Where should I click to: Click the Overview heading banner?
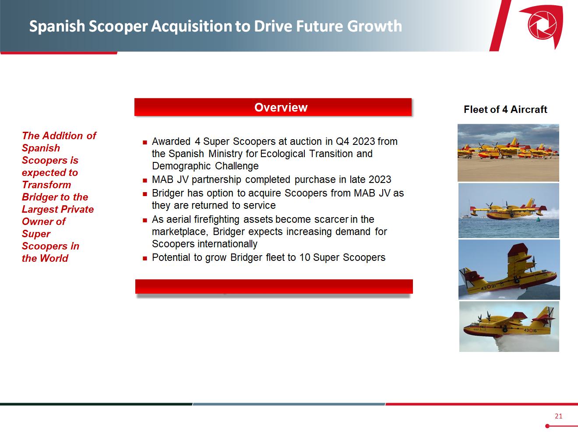pyautogui.click(x=273, y=107)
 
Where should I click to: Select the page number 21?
pyautogui.click(x=558, y=416)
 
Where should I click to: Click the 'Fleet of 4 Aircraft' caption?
pyautogui.click(x=505, y=109)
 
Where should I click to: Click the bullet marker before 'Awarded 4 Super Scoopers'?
pyautogui.click(x=145, y=143)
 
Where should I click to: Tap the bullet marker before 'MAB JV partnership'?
pyautogui.click(x=145, y=180)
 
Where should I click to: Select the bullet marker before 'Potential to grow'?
pyautogui.click(x=145, y=258)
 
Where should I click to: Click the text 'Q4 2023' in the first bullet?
pyautogui.click(x=355, y=141)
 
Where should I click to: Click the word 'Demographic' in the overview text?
pyautogui.click(x=181, y=166)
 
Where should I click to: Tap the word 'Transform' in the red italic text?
pyautogui.click(x=46, y=185)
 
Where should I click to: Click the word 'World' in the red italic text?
pyautogui.click(x=55, y=258)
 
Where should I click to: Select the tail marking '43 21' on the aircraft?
pyautogui.click(x=488, y=287)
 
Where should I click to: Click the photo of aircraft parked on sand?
pyautogui.click(x=508, y=153)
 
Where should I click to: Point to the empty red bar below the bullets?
pyautogui.click(x=274, y=286)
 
